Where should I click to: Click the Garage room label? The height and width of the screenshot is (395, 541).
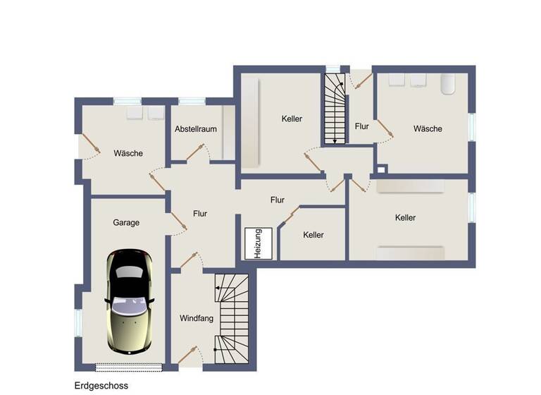(x=126, y=222)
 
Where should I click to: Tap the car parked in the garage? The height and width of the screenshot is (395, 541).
(x=130, y=299)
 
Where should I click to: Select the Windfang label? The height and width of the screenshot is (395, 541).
(x=196, y=318)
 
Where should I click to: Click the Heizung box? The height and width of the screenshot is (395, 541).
(x=258, y=244)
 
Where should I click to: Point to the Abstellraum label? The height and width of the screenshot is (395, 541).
(x=195, y=129)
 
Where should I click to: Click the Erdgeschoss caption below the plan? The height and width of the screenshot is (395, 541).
(x=101, y=386)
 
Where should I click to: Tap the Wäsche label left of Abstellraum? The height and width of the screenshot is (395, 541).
(x=128, y=153)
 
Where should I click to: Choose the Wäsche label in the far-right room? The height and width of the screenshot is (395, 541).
(x=428, y=128)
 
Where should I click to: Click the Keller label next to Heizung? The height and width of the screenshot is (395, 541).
(x=313, y=235)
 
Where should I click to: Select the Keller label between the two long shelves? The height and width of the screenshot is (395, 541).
(x=405, y=218)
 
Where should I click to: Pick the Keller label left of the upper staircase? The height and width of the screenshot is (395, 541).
(x=292, y=119)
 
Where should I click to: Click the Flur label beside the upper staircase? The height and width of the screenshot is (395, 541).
(x=361, y=127)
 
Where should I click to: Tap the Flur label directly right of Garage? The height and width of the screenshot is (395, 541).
(x=200, y=213)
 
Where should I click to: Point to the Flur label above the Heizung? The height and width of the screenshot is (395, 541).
(x=277, y=200)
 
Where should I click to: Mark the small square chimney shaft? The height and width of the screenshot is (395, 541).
(x=381, y=169)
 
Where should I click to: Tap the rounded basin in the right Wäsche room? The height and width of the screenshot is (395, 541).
(x=449, y=85)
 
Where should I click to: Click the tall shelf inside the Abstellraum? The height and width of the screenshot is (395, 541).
(x=228, y=133)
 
